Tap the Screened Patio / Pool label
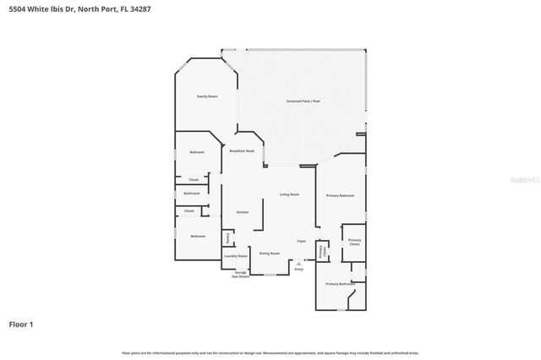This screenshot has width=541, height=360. tap(303, 101)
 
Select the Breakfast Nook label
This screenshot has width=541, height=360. tap(242, 150)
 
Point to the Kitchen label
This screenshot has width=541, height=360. tap(242, 212)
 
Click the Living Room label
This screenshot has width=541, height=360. tap(289, 194)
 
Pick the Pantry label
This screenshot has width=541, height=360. tap(227, 238)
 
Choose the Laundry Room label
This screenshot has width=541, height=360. tap(236, 255)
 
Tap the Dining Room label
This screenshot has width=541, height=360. tap(269, 253)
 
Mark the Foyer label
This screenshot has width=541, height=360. tap(301, 241)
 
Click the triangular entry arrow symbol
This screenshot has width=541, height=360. tap(298, 263)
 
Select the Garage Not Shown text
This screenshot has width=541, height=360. tap(241, 274)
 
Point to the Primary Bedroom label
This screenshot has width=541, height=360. tap(340, 195)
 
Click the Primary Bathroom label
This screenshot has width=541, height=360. tap(340, 284)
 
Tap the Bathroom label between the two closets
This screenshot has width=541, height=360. tap(192, 194)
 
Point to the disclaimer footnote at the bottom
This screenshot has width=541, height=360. tap(270, 352)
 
